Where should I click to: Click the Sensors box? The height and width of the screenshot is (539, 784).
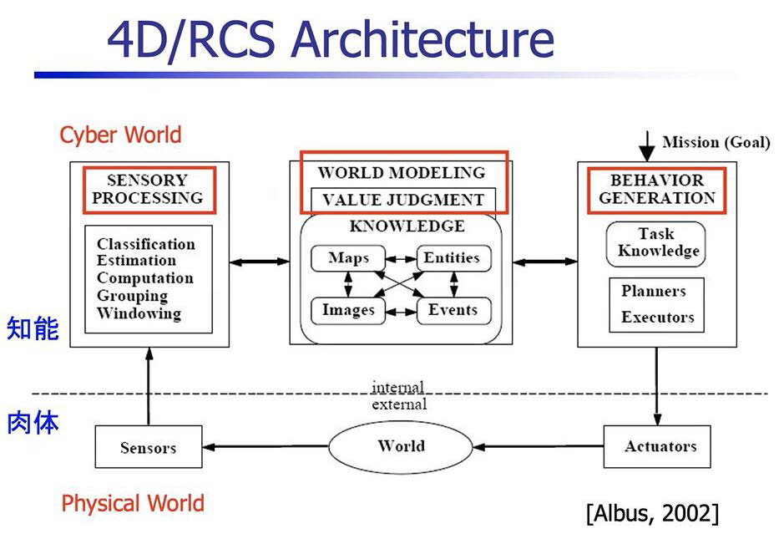coord(149,447)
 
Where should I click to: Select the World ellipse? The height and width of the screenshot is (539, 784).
coord(401,446)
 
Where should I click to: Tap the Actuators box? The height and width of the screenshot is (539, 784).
coord(657,446)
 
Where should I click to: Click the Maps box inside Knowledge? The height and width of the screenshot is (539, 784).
coord(348,258)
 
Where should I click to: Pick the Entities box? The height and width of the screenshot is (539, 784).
coord(454,258)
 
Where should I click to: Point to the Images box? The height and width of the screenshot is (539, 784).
coord(348,311)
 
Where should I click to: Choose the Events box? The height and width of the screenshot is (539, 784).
coord(454,311)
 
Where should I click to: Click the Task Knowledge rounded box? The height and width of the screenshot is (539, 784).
coord(656,244)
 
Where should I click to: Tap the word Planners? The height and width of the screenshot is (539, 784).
coord(654,291)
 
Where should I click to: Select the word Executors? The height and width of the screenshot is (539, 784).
coord(657,317)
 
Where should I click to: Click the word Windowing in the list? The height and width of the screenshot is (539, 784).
coord(139,313)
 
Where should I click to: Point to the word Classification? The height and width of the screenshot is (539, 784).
coord(146,244)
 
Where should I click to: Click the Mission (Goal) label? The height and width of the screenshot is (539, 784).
coord(716,142)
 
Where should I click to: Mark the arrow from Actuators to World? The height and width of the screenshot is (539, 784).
coord(539,446)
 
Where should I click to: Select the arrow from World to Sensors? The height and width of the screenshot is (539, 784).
coord(266,446)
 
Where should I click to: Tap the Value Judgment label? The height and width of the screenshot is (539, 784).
coord(403,200)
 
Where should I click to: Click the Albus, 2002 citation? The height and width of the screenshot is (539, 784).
coord(653,513)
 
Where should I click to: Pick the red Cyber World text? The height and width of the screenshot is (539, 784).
coord(120,135)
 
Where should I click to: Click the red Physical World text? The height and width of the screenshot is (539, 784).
coord(133,503)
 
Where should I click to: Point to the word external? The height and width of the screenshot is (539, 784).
coord(399,404)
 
